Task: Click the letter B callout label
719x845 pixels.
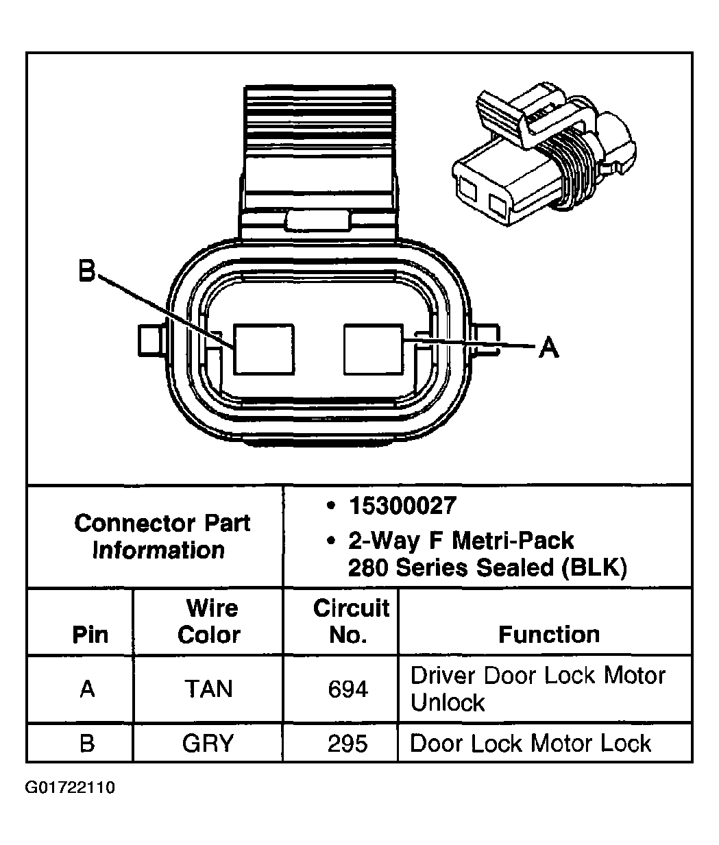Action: (x=86, y=271)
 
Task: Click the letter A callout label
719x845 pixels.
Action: (x=548, y=347)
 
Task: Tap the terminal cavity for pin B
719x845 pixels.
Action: (x=264, y=350)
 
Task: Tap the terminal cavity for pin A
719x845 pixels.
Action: (x=374, y=350)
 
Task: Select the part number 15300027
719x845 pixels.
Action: (x=402, y=506)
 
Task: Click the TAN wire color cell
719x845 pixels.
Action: (x=208, y=689)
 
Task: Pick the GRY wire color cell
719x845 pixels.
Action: (x=208, y=743)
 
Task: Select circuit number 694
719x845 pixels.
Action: (x=348, y=689)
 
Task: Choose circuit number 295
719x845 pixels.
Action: (x=348, y=743)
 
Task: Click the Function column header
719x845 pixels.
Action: (x=548, y=635)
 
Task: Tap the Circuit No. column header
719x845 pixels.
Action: (x=350, y=622)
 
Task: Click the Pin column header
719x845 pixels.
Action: (x=90, y=635)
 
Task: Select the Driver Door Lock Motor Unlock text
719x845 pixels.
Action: (x=537, y=689)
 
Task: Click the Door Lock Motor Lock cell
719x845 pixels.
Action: (x=530, y=743)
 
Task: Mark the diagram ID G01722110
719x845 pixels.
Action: (x=70, y=787)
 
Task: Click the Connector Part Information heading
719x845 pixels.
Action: (x=161, y=537)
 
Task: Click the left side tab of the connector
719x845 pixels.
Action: (x=149, y=339)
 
